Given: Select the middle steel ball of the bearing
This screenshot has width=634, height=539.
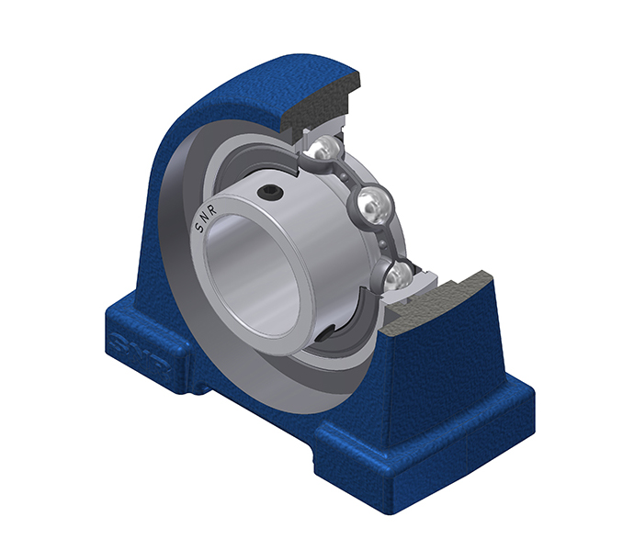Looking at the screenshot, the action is point(374,205).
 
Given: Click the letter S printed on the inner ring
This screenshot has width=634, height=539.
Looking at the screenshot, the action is point(199,228).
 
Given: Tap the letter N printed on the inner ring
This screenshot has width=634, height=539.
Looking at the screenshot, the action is point(206,218).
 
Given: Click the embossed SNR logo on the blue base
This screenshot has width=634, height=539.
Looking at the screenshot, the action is point(139,354).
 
